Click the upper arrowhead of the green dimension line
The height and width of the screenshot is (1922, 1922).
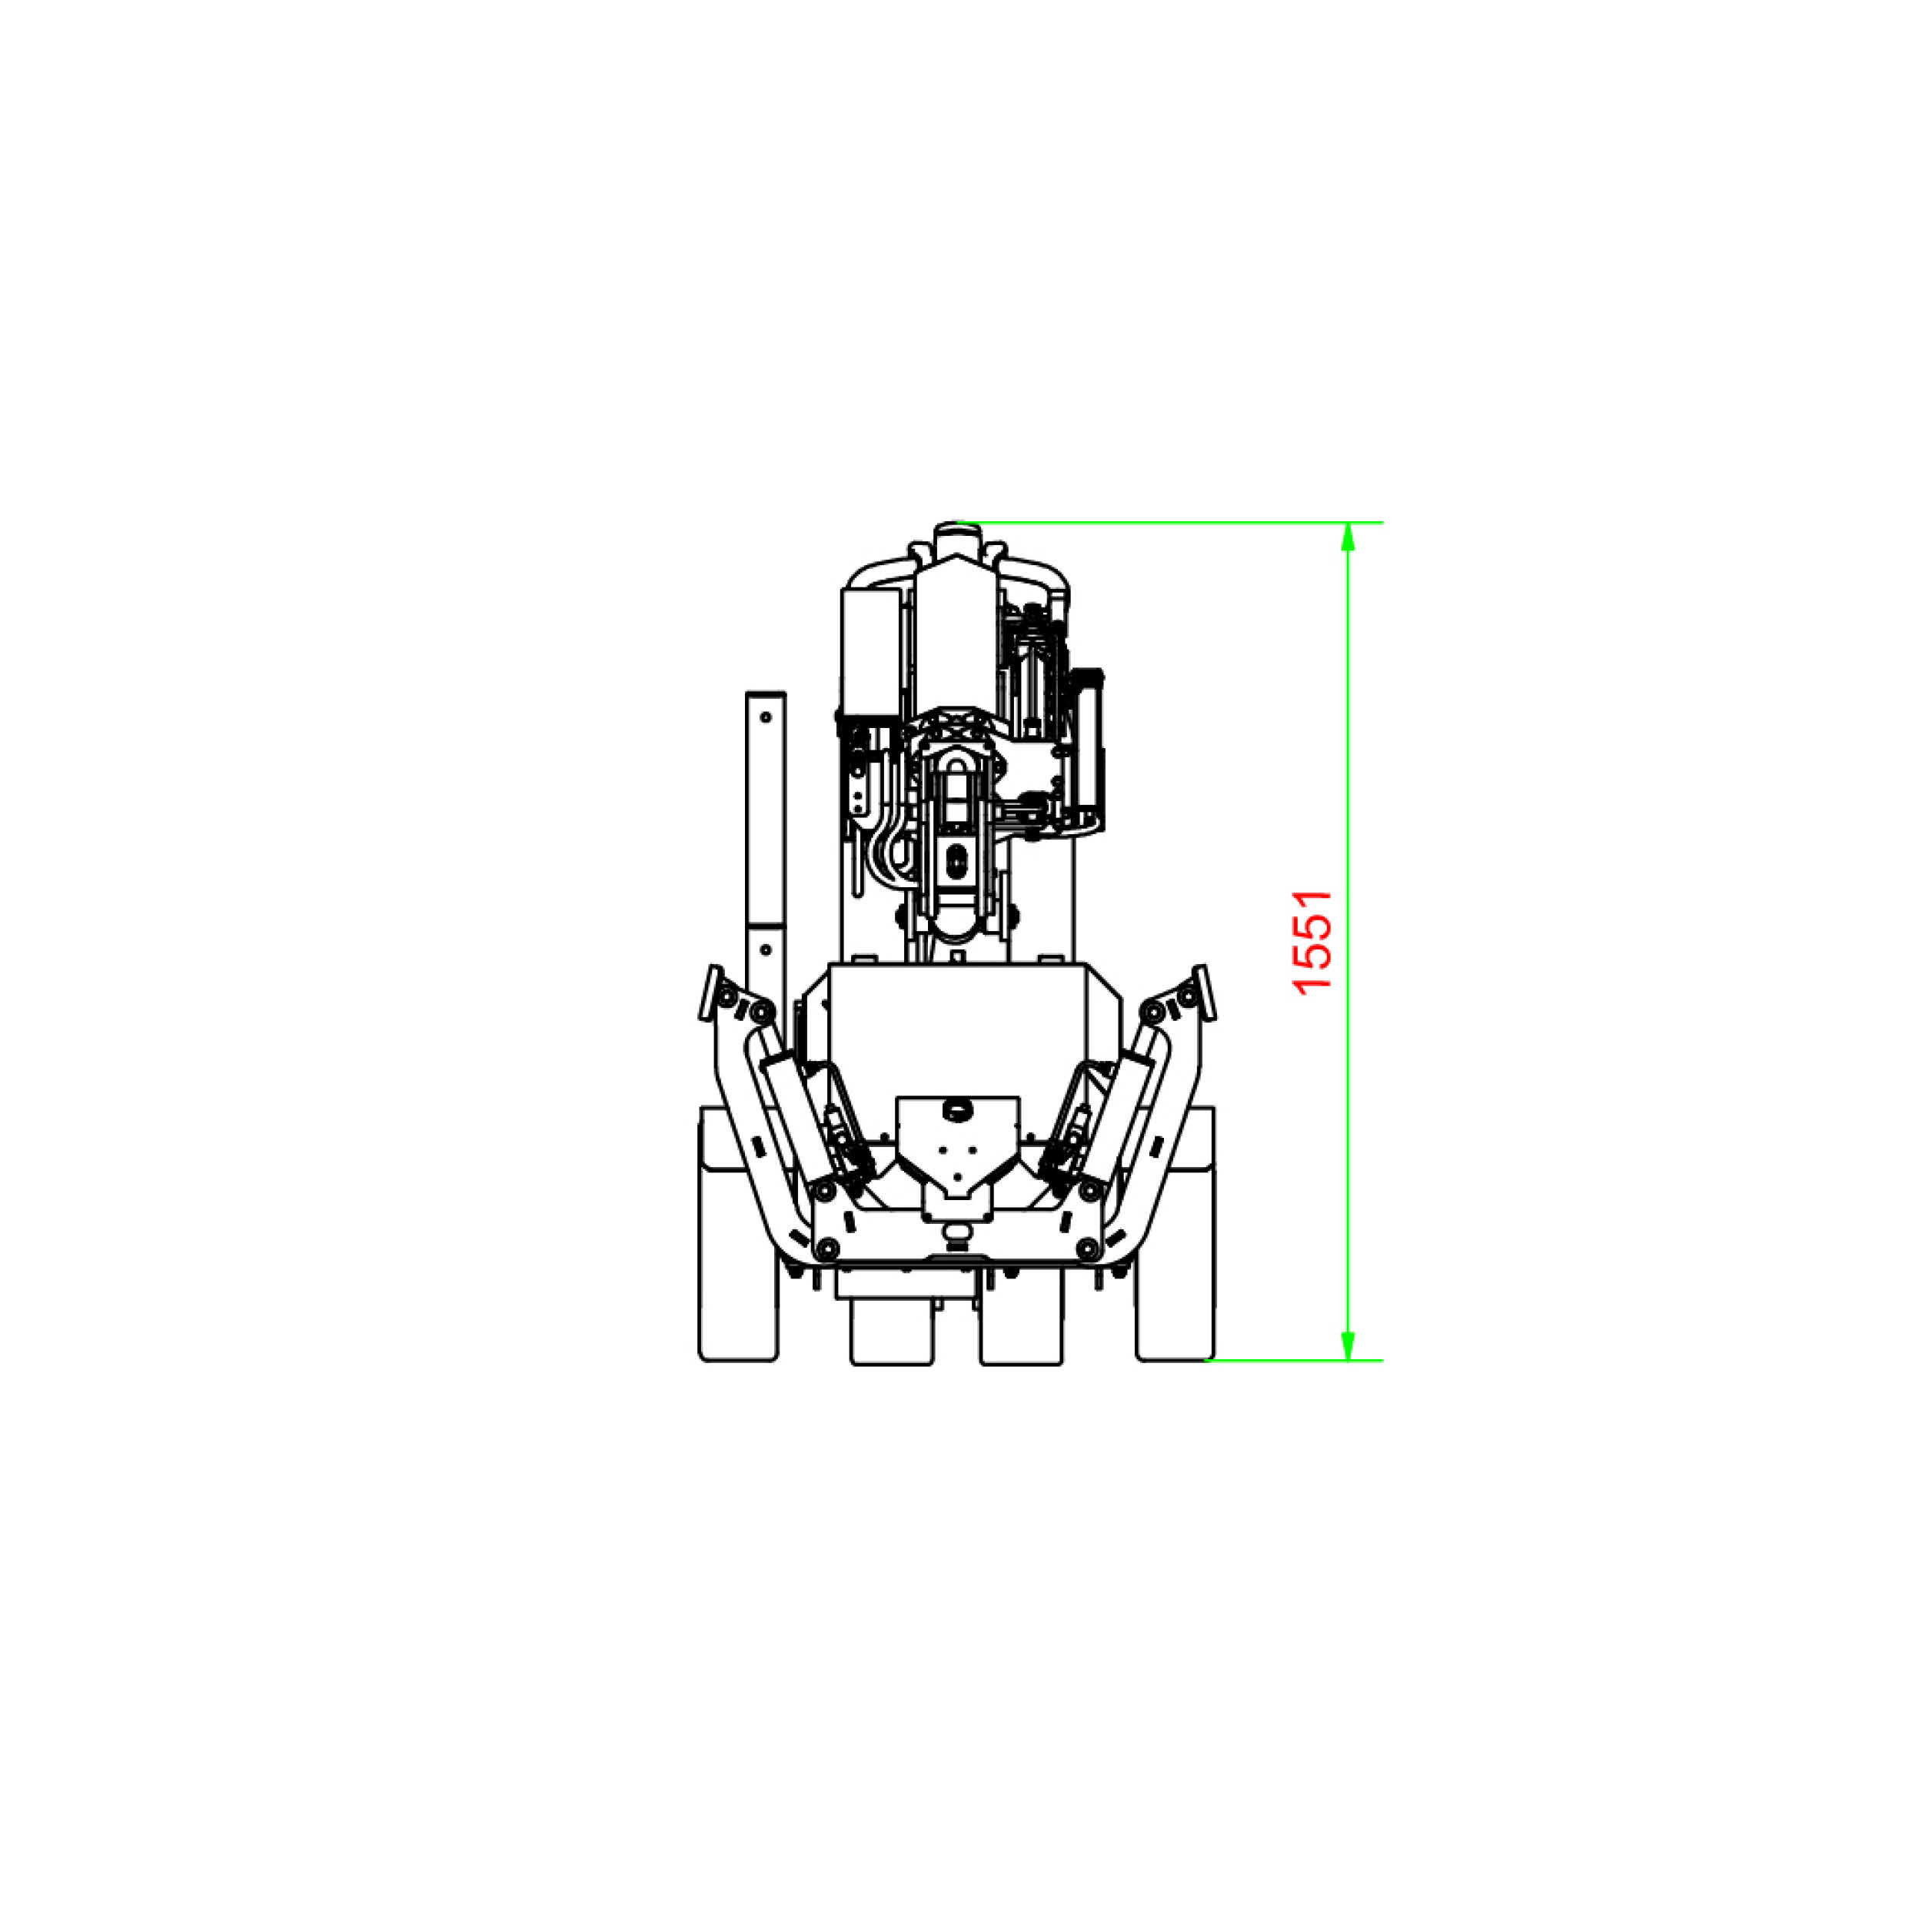(1348, 537)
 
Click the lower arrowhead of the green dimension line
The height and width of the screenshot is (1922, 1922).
(1348, 1344)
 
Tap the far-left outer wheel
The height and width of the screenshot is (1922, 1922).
(737, 1234)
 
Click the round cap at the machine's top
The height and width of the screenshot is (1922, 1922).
(958, 537)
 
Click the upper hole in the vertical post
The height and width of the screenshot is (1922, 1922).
(766, 717)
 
